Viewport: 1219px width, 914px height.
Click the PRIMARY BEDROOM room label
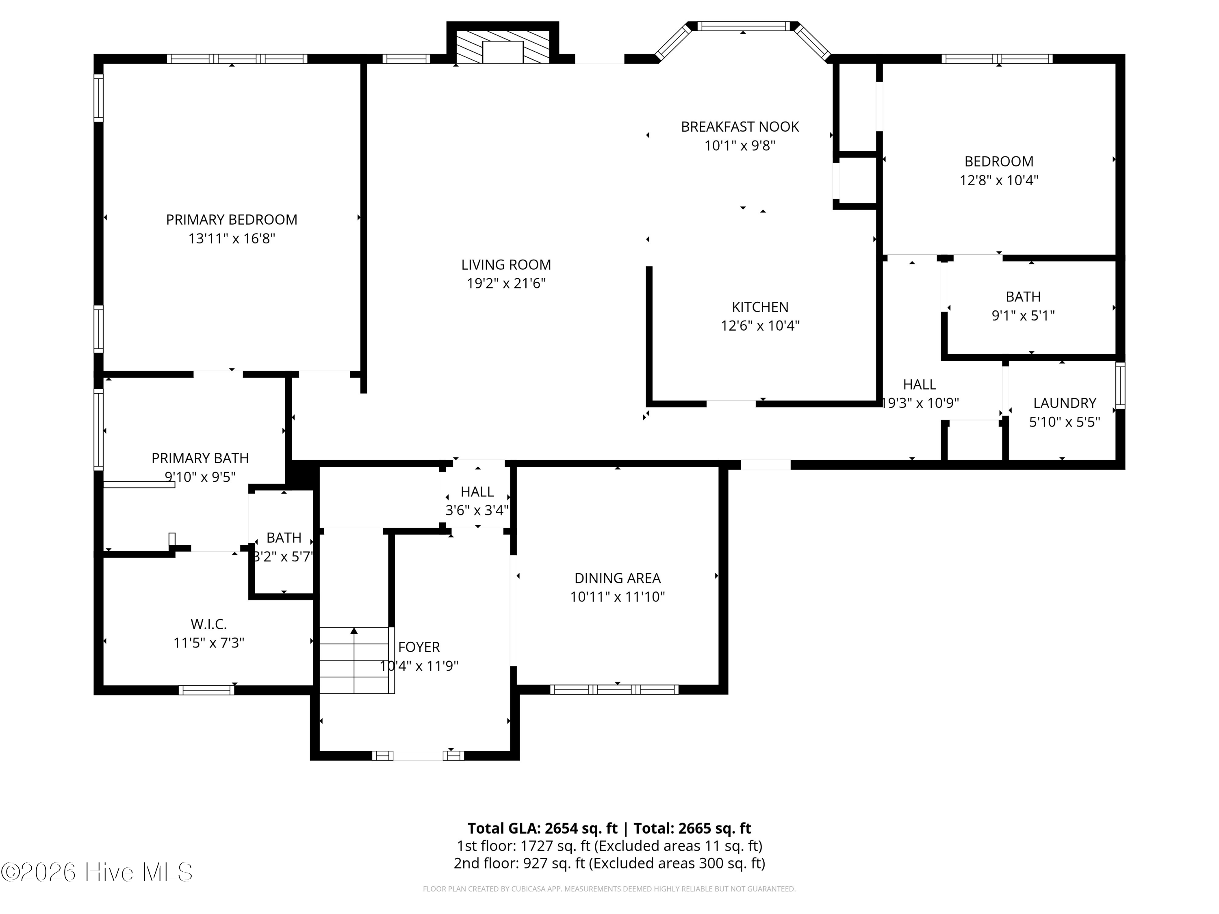click(232, 220)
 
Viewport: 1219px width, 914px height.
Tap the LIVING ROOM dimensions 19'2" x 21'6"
click(506, 284)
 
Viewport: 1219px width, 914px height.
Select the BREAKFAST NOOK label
click(740, 127)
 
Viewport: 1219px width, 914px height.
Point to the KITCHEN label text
click(760, 307)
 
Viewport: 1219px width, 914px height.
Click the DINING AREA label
click(617, 578)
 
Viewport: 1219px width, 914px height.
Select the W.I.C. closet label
click(209, 624)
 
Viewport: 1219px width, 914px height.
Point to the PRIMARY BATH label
click(200, 458)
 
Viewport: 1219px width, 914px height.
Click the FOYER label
click(419, 647)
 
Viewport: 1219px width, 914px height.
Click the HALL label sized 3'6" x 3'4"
click(477, 492)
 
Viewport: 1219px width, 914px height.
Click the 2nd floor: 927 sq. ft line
click(609, 863)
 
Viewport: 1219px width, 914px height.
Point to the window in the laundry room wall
click(1120, 385)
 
